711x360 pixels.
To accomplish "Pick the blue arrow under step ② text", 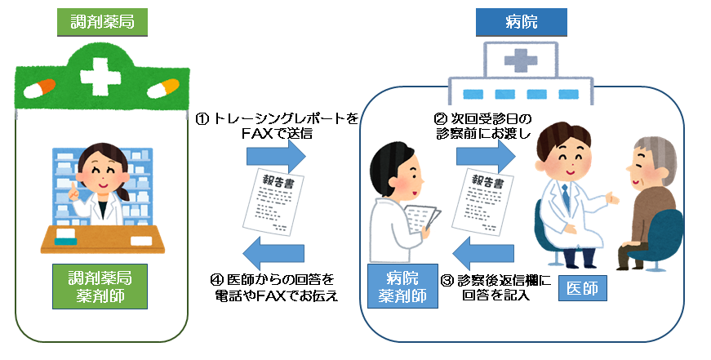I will (x=491, y=153).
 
